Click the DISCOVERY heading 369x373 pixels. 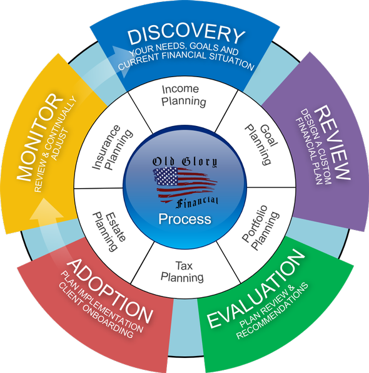tap(186, 36)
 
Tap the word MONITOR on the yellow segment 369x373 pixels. tap(40, 137)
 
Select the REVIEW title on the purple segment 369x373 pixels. tap(332, 142)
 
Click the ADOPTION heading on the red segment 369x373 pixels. tap(109, 291)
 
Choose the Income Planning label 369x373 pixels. tap(184, 95)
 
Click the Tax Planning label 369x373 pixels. tap(182, 271)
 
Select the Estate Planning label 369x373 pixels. tap(109, 232)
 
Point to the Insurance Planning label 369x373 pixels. tap(112, 147)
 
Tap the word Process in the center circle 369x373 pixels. tap(184, 219)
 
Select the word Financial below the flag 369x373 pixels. tap(197, 202)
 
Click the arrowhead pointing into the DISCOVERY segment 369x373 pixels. tap(121, 61)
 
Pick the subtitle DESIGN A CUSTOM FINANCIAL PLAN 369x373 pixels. tap(313, 147)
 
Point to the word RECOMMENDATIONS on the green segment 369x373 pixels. tap(273, 311)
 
